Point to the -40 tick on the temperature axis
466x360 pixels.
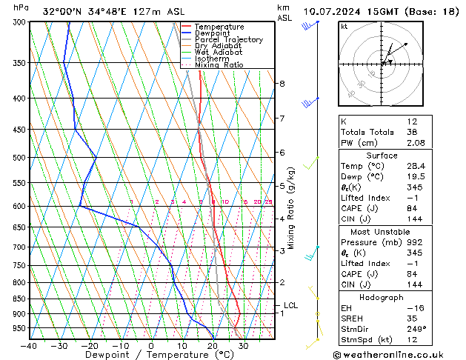point(30,346)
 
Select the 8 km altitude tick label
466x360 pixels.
point(282,84)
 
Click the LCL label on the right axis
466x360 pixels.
point(291,305)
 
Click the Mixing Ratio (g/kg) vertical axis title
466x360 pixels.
point(292,207)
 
